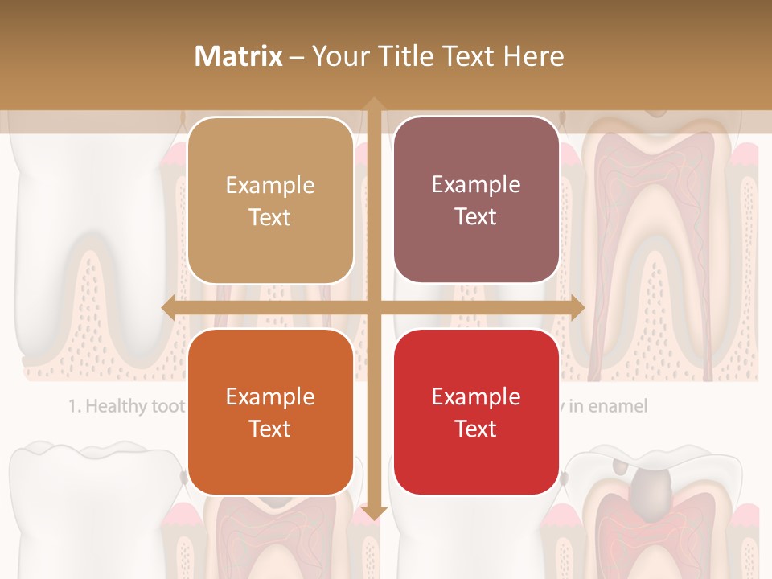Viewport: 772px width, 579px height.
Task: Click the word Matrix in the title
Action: [238, 56]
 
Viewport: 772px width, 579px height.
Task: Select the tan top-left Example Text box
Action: [270, 201]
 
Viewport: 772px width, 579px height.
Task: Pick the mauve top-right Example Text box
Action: [476, 200]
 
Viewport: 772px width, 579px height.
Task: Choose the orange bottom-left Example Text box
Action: [270, 413]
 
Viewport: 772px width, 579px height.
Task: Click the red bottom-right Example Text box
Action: [476, 413]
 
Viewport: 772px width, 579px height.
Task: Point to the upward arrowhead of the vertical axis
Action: [373, 104]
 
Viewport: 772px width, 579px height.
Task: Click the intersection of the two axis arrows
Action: [373, 307]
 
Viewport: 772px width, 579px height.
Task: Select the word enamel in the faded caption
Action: [617, 406]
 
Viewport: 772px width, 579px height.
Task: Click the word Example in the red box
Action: [476, 396]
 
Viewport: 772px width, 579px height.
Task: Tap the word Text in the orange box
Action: [270, 429]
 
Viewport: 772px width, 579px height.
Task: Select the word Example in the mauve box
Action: [476, 184]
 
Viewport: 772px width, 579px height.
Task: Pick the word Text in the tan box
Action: [270, 217]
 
